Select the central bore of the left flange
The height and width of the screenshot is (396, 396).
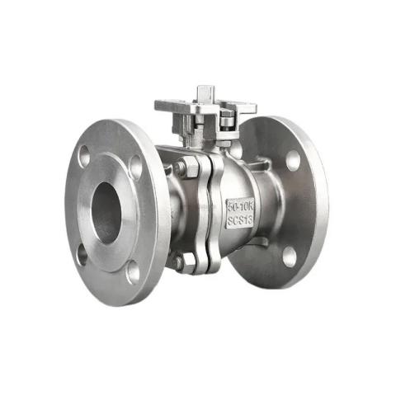click(106, 211)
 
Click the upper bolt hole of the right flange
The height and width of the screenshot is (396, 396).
click(293, 160)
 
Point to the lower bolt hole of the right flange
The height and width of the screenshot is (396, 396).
click(289, 256)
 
